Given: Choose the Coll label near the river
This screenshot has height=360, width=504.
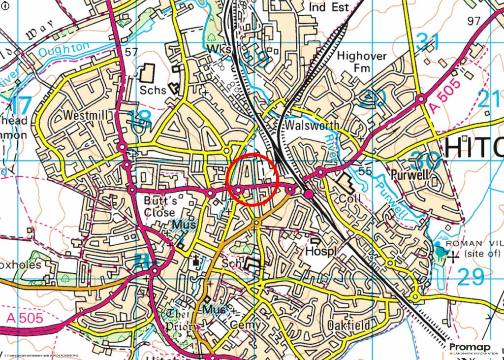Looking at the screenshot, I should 350,197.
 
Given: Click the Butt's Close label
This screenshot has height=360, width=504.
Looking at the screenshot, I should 159,206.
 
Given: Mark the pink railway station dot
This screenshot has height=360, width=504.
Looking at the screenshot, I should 309,195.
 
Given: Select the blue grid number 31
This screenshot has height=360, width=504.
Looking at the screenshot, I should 427,42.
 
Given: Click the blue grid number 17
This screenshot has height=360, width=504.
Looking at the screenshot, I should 19,105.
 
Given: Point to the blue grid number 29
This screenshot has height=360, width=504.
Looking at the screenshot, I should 471,277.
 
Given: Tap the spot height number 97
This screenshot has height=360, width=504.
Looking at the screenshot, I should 473,21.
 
